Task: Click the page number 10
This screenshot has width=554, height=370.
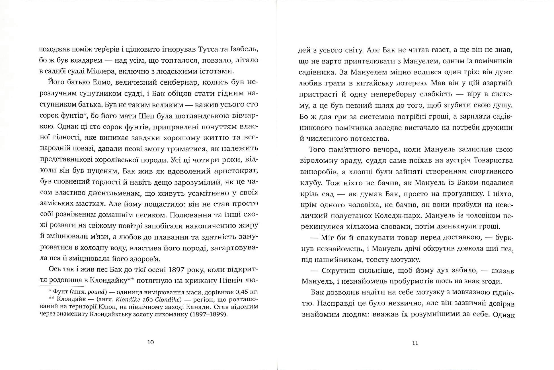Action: pyautogui.click(x=151, y=342)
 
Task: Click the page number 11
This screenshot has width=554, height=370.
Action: pyautogui.click(x=415, y=343)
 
